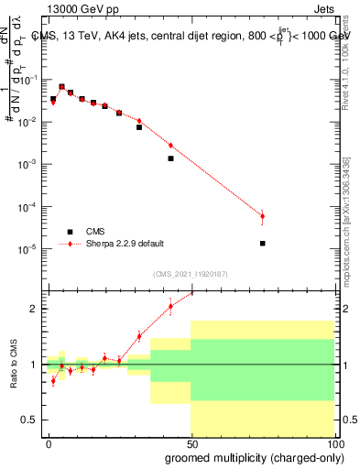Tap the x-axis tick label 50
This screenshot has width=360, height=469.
tap(191, 442)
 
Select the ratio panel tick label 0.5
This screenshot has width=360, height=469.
tap(30, 420)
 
